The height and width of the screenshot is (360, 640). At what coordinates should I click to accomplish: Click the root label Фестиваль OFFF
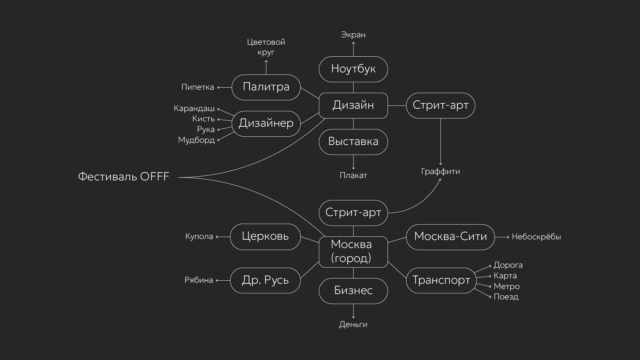[x=124, y=176]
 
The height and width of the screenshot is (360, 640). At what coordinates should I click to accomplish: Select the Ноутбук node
[x=353, y=69]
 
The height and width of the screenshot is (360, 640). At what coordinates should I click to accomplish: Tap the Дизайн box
[x=353, y=105]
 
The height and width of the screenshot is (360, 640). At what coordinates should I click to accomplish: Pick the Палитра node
[x=266, y=87]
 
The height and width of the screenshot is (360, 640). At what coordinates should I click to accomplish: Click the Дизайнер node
[x=266, y=123]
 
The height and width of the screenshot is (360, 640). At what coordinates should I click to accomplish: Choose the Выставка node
[x=353, y=142]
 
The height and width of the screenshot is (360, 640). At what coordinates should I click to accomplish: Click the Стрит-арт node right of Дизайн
[x=440, y=105]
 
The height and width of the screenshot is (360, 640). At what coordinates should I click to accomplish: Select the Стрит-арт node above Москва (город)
[x=353, y=213]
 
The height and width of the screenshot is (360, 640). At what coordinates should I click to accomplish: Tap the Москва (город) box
[x=353, y=252]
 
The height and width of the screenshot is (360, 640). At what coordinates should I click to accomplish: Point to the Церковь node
[x=265, y=237]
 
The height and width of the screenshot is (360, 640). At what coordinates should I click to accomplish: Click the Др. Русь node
[x=265, y=280]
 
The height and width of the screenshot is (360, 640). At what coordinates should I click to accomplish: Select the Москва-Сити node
[x=450, y=237]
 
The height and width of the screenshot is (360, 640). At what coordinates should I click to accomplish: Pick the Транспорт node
[x=441, y=280]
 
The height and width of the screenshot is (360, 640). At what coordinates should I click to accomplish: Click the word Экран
[x=353, y=35]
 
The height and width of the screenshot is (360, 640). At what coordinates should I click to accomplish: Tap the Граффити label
[x=440, y=172]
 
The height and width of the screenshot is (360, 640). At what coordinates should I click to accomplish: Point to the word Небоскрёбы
[x=536, y=237]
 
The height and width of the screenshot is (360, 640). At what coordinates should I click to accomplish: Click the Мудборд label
[x=196, y=140]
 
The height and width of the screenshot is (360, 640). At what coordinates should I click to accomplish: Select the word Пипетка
[x=198, y=87]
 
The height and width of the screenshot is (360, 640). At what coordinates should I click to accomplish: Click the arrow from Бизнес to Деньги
[x=353, y=311]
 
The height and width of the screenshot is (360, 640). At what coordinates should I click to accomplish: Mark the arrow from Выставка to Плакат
[x=353, y=162]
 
